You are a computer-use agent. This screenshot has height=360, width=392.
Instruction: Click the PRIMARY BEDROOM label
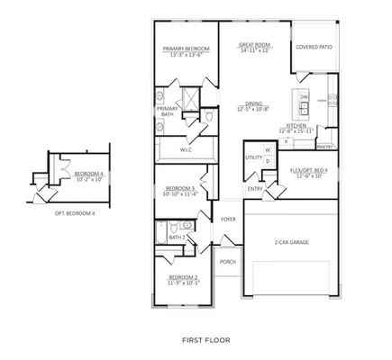point(186,49)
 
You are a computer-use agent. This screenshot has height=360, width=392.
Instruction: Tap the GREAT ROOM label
point(255,44)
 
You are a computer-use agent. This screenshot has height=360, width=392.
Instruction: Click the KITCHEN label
point(296,125)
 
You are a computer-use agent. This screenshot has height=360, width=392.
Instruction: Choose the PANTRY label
point(325,146)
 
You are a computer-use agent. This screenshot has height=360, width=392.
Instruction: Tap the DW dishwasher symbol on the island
point(305,97)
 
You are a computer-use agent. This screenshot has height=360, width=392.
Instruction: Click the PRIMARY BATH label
point(169,112)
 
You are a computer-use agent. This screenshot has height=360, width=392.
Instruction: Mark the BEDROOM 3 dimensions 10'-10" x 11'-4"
point(179,193)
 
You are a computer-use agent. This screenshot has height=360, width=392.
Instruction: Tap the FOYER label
point(228,219)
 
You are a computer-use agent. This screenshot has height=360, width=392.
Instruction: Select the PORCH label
point(228,261)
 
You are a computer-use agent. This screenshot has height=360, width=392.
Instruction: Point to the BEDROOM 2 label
point(183,277)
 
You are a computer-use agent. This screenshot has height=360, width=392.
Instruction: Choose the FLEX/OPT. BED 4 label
point(308,170)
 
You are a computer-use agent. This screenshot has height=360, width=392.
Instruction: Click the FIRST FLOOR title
point(205,341)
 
